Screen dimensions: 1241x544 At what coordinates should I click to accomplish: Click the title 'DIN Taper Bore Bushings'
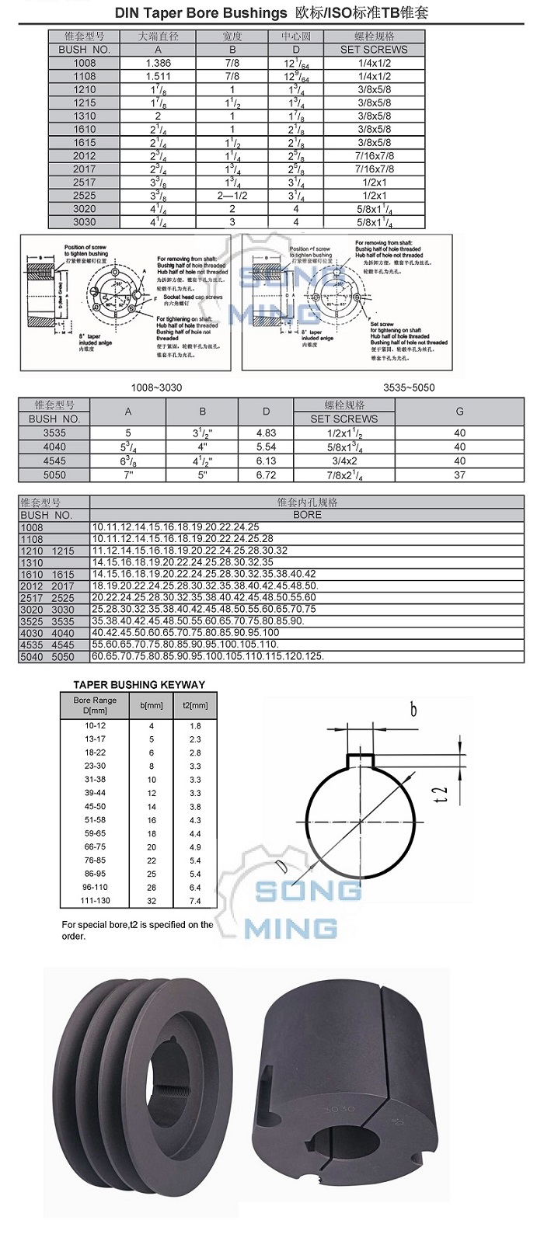point(201,13)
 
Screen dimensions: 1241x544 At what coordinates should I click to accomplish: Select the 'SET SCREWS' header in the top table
point(374,50)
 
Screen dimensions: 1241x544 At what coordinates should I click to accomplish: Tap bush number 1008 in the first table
point(85,63)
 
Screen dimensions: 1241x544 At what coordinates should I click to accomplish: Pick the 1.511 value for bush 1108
point(158,76)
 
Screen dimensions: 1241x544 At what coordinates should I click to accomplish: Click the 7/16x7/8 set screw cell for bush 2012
point(374,155)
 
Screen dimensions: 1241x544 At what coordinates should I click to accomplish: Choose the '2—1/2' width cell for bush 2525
point(232,195)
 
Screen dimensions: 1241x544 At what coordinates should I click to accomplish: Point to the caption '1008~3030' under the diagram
point(157,387)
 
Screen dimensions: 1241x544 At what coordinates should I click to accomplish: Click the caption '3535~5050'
point(409,387)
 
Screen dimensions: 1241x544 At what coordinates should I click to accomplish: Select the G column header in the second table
point(459,412)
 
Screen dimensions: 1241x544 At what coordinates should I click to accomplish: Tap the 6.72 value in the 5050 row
point(266,474)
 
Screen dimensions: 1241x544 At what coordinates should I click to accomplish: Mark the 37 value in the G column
point(459,474)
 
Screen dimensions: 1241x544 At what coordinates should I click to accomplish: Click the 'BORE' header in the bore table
point(307,515)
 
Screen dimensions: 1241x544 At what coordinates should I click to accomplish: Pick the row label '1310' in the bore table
point(32,562)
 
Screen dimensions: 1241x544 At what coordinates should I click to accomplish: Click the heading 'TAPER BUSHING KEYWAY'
point(139,685)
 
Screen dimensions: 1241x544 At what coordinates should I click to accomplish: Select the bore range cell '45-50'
point(95,806)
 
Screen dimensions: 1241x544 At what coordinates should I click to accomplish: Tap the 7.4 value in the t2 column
point(194,901)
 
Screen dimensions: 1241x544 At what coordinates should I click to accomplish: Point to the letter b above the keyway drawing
point(413,709)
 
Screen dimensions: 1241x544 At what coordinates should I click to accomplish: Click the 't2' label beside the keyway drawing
point(441,794)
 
